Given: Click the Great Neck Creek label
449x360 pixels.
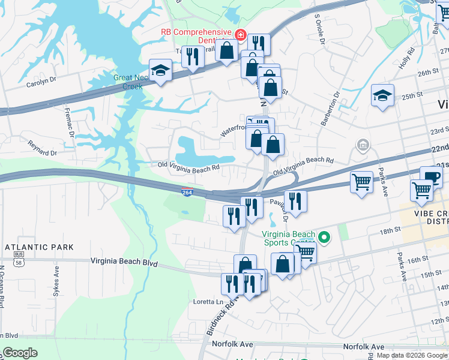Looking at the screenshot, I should [x=128, y=82].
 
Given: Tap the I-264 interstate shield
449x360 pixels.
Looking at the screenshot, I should [x=187, y=191].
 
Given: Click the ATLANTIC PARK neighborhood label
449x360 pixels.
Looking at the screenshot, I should [x=39, y=247].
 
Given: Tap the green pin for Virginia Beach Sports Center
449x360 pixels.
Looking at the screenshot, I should [x=325, y=238].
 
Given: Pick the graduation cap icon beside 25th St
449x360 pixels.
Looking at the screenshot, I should [x=382, y=96].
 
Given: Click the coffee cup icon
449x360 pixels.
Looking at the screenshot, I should [x=430, y=176].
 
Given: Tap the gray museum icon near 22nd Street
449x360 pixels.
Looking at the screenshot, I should [x=363, y=145].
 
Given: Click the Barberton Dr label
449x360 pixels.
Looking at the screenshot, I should [x=331, y=108].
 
